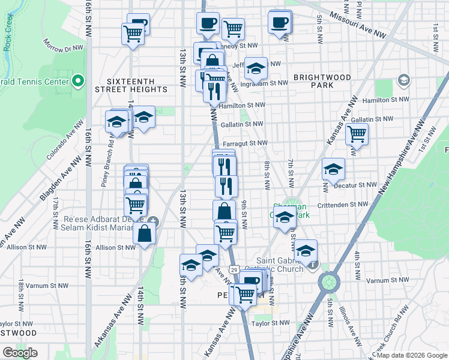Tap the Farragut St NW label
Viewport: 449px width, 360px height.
[x=245, y=143]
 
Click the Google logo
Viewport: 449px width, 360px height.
[x=20, y=353]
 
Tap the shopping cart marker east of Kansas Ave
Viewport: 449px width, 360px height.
[x=357, y=134]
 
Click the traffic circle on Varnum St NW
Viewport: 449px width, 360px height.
[x=329, y=281]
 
